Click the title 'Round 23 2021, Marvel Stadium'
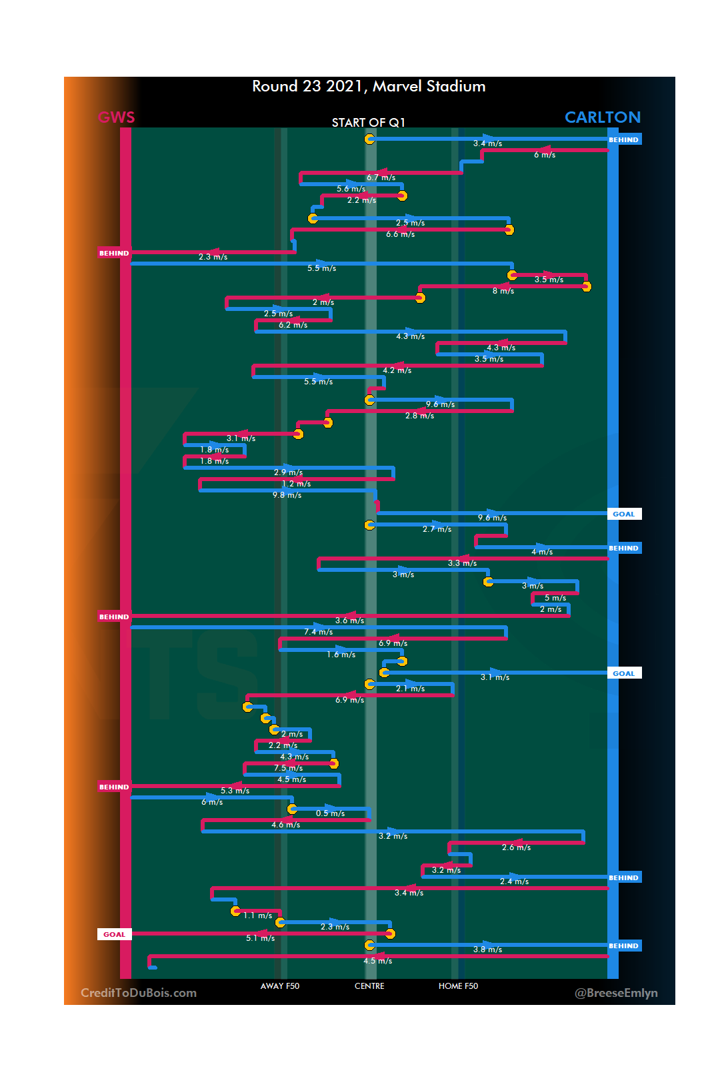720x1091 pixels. tap(369, 87)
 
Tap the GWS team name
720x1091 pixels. tap(117, 117)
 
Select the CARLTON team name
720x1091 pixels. tap(602, 117)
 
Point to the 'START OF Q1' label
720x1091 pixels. tap(368, 123)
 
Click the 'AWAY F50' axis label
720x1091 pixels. tap(280, 986)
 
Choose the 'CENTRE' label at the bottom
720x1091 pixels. tap(369, 986)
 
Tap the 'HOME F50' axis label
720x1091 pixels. tap(458, 986)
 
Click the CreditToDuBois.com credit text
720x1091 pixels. tap(139, 993)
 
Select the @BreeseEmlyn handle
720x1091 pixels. tap(616, 993)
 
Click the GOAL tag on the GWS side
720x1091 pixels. tap(114, 935)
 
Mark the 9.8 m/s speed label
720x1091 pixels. tap(287, 495)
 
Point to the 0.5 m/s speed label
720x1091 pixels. tap(330, 813)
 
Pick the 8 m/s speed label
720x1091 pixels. tap(503, 291)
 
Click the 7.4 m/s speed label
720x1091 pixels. tap(318, 632)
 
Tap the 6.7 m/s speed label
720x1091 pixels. tap(381, 177)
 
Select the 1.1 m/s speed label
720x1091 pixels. tap(257, 916)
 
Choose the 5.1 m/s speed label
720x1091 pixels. tap(260, 938)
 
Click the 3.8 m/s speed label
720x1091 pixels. tap(487, 950)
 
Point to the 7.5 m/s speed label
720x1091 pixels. tap(288, 768)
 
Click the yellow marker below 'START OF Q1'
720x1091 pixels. tap(369, 139)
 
